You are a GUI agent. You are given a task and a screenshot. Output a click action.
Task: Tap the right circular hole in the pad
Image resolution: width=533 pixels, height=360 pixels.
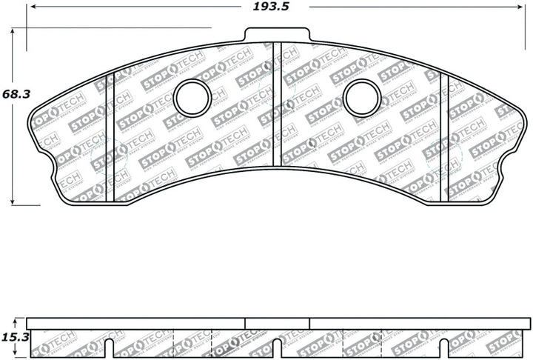[x=363, y=98]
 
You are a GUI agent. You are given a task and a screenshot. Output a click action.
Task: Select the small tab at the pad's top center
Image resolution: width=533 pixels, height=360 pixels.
[x=277, y=35]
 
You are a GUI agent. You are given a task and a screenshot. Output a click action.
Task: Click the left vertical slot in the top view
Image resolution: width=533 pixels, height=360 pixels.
[x=110, y=137]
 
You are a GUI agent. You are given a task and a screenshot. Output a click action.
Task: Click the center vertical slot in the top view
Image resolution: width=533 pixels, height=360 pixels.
[x=277, y=104]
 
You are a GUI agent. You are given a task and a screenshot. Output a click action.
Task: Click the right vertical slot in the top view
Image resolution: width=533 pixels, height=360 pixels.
[x=444, y=137]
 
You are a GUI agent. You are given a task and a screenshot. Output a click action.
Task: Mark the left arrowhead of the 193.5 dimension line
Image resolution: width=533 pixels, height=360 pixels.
[x=30, y=7]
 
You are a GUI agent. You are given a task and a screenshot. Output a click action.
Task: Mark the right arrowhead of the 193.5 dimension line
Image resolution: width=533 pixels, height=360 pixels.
[x=527, y=7]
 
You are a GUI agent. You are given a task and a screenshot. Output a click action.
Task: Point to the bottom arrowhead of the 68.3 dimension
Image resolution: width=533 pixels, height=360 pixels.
[x=13, y=201]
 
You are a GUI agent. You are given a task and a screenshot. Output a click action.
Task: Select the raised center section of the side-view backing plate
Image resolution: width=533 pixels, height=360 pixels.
[x=277, y=323]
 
